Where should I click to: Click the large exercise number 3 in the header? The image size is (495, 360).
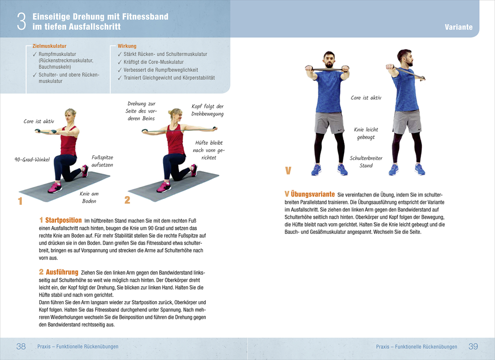[x=21, y=21]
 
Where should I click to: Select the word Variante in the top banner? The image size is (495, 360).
[x=459, y=27]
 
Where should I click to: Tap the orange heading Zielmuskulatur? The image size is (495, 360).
[x=49, y=46]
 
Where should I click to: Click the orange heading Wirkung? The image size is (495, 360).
[x=127, y=46]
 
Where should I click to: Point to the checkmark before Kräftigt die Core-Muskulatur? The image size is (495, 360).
[x=120, y=62]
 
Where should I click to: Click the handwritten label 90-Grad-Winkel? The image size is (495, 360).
[x=32, y=160]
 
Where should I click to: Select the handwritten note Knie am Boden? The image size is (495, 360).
[x=89, y=197]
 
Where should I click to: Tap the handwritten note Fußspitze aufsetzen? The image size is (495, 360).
[x=102, y=161]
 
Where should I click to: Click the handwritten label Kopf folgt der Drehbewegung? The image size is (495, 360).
[x=207, y=110]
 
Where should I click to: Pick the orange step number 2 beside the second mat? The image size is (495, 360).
[x=127, y=200]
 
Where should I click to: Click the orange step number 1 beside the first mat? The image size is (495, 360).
[x=20, y=201]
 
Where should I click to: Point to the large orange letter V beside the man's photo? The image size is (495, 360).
[x=288, y=171]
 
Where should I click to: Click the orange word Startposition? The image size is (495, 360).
[x=64, y=220]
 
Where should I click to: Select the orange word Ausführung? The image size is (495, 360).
[x=62, y=272]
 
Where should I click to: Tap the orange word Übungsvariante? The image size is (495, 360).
[x=313, y=194]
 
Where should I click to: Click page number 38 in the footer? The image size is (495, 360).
[x=21, y=346]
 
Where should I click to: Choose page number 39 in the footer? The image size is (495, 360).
[x=473, y=346]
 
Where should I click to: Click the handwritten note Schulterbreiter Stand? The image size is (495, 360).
[x=366, y=162]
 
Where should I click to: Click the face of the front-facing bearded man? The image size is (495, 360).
[x=329, y=60]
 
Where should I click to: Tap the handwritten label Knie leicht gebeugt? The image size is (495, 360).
[x=366, y=133]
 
